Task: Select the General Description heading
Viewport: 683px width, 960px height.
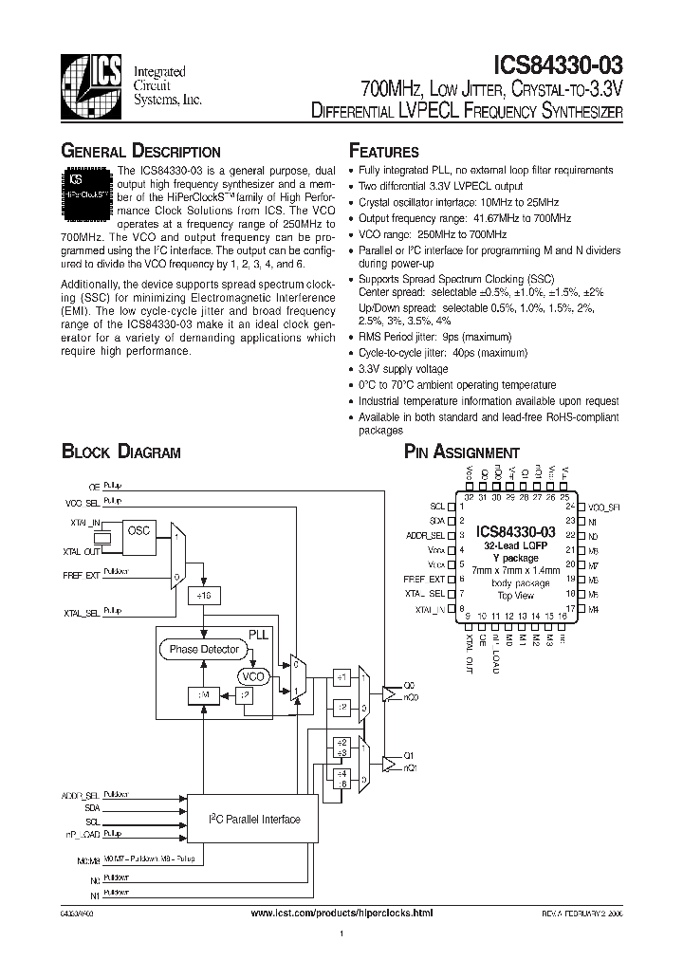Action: [140, 152]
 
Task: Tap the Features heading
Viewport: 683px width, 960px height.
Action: [384, 152]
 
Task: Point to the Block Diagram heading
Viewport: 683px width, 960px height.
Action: [120, 452]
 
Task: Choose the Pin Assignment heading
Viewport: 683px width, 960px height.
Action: [462, 452]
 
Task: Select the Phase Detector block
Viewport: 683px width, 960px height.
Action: [204, 649]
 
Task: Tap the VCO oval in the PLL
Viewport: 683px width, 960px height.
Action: [252, 676]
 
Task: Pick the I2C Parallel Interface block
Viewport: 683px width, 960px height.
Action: [254, 820]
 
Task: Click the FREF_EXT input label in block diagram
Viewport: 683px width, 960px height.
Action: [79, 574]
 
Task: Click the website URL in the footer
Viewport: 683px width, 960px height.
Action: [341, 913]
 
